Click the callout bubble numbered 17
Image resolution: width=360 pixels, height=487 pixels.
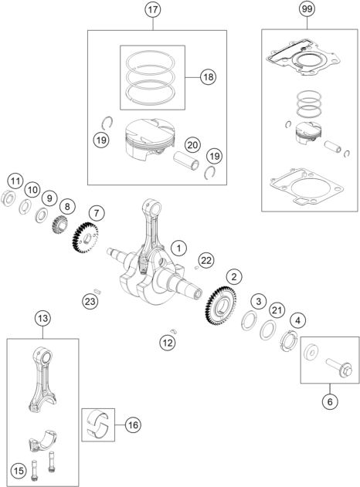coord(153,11)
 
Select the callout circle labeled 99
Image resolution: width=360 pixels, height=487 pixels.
coord(308,11)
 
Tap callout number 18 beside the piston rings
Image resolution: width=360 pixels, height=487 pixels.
coord(207,78)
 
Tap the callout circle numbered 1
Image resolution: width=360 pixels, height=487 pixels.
coord(178,249)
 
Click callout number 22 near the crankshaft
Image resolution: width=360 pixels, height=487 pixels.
coord(205,259)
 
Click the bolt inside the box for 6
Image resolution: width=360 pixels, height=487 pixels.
coord(338,367)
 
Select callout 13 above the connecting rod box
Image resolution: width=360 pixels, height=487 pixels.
coord(42,317)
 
